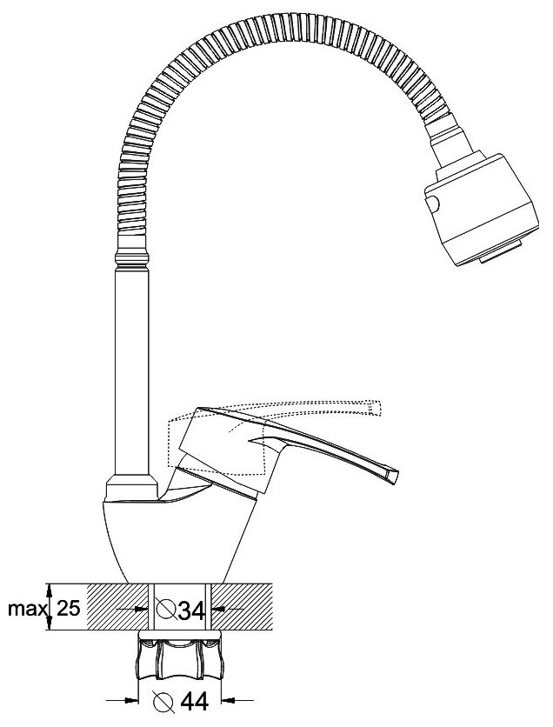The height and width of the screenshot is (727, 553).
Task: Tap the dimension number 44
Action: click(x=191, y=700)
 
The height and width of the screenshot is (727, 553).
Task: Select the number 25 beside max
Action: click(x=69, y=609)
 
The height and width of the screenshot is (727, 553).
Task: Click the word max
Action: click(x=27, y=609)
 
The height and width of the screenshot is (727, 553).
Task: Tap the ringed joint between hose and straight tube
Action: click(x=133, y=258)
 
